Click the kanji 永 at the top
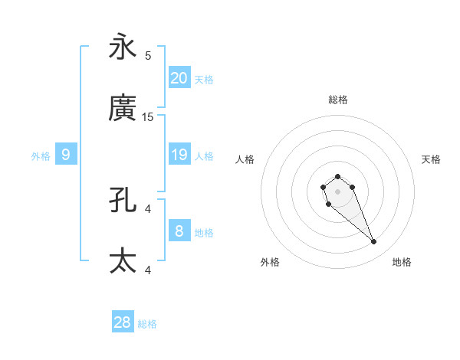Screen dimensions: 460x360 pyautogui.click(x=123, y=47)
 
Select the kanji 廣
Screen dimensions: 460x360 pyautogui.click(x=123, y=109)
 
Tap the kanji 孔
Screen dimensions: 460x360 pyautogui.click(x=123, y=201)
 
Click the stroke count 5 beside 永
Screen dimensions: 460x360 pyautogui.click(x=148, y=55)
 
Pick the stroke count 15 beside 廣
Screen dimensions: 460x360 pyautogui.click(x=148, y=116)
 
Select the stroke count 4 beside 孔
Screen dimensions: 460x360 pyautogui.click(x=148, y=208)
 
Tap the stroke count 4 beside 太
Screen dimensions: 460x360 pyautogui.click(x=148, y=270)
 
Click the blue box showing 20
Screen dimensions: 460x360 pyautogui.click(x=179, y=78)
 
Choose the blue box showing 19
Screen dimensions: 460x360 pyautogui.click(x=179, y=155)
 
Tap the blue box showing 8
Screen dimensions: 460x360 pyautogui.click(x=179, y=231)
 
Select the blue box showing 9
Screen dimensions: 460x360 pyautogui.click(x=66, y=155)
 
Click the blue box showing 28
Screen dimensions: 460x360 pyautogui.click(x=123, y=322)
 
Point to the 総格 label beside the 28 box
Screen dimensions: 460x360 pyautogui.click(x=147, y=324)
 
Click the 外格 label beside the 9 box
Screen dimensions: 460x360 pyautogui.click(x=41, y=156)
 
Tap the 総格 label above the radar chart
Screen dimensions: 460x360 pyautogui.click(x=337, y=100)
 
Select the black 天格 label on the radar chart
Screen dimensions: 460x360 pyautogui.click(x=431, y=159)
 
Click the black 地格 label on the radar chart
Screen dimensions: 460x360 pyautogui.click(x=402, y=262)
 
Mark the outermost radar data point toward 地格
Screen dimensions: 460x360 pyautogui.click(x=374, y=242)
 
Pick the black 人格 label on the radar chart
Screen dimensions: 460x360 pyautogui.click(x=245, y=159)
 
